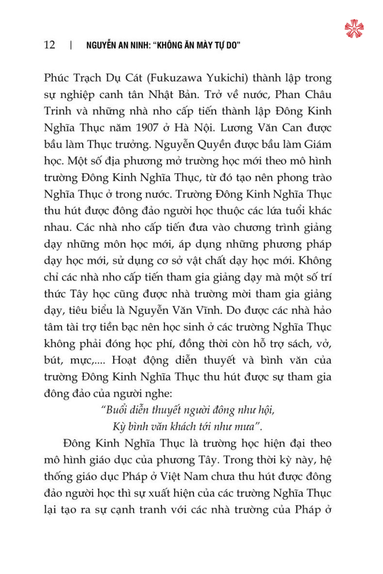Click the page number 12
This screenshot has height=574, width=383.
pos(50,45)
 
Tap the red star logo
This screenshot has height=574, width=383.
pos(354,29)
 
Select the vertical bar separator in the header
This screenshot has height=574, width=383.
pos(71,45)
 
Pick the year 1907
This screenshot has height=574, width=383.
pos(147,128)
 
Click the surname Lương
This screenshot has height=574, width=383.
pos(234,128)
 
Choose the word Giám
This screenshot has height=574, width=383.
pos(318,145)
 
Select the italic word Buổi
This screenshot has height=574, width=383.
pos(116,410)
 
